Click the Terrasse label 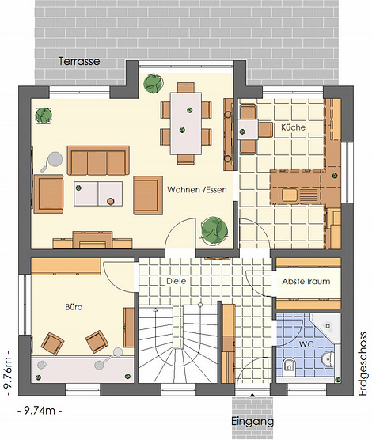click(x=79, y=61)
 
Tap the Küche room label click(x=293, y=127)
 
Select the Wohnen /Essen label click(x=197, y=190)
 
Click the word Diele click(x=176, y=281)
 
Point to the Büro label click(x=74, y=307)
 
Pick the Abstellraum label click(x=306, y=281)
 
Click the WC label click(x=306, y=344)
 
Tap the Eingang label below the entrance click(x=252, y=422)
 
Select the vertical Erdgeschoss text click(x=363, y=364)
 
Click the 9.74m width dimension click(x=40, y=411)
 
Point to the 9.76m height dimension click(x=8, y=373)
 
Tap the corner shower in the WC click(x=328, y=325)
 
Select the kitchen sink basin click(x=290, y=195)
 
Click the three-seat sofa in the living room click(x=98, y=160)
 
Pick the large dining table click(x=186, y=123)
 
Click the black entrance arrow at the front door click(x=252, y=396)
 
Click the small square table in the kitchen click(x=249, y=129)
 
